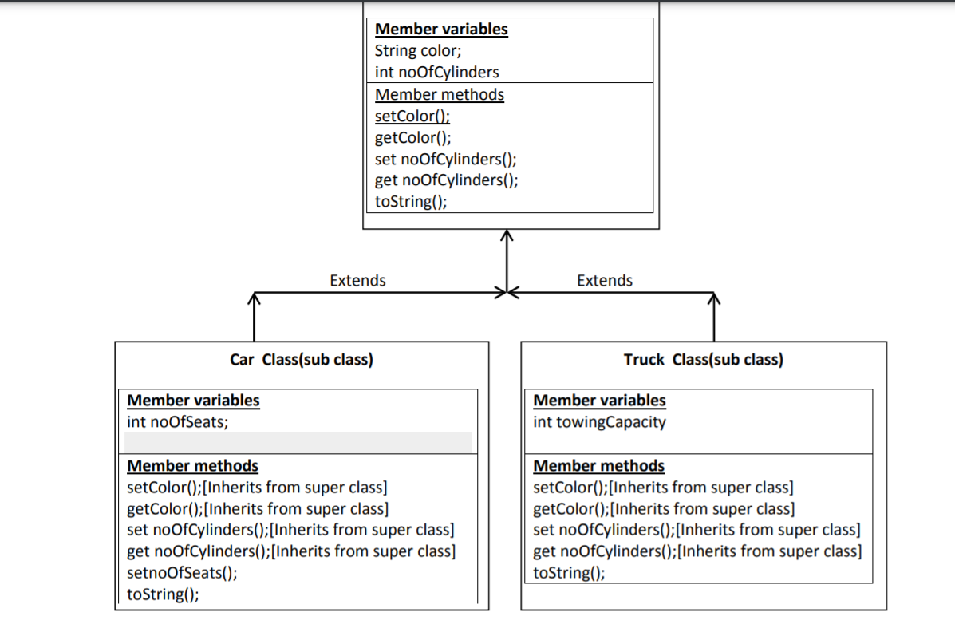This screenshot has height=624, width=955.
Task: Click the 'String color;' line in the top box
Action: [x=417, y=51]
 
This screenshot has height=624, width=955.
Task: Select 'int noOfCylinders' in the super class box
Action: [x=436, y=72]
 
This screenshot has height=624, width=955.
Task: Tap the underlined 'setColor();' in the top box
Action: [x=412, y=117]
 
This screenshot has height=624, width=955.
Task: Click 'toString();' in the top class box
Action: [x=410, y=201]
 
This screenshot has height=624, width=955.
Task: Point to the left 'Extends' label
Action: [x=357, y=280]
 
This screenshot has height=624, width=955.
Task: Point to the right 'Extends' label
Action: [x=604, y=280]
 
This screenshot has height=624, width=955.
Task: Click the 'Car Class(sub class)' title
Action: [x=301, y=359]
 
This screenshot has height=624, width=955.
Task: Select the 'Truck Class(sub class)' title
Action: [x=703, y=359]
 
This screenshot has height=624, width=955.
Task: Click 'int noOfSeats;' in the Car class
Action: [x=177, y=422]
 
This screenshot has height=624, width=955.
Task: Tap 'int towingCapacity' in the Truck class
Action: [x=598, y=422]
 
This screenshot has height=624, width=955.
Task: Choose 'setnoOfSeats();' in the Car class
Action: [x=182, y=572]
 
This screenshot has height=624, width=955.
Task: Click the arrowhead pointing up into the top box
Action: [x=507, y=235]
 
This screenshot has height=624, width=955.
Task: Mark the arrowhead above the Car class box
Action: [x=254, y=299]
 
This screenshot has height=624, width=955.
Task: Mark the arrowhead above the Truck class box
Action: [x=713, y=299]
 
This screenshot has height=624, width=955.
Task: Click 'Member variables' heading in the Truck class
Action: [x=598, y=401]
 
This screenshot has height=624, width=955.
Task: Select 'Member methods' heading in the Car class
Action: [x=192, y=465]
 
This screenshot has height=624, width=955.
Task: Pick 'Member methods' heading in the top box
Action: [x=439, y=94]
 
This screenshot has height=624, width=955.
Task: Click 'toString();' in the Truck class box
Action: [x=568, y=572]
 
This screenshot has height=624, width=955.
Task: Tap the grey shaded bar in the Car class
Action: [x=298, y=442]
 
